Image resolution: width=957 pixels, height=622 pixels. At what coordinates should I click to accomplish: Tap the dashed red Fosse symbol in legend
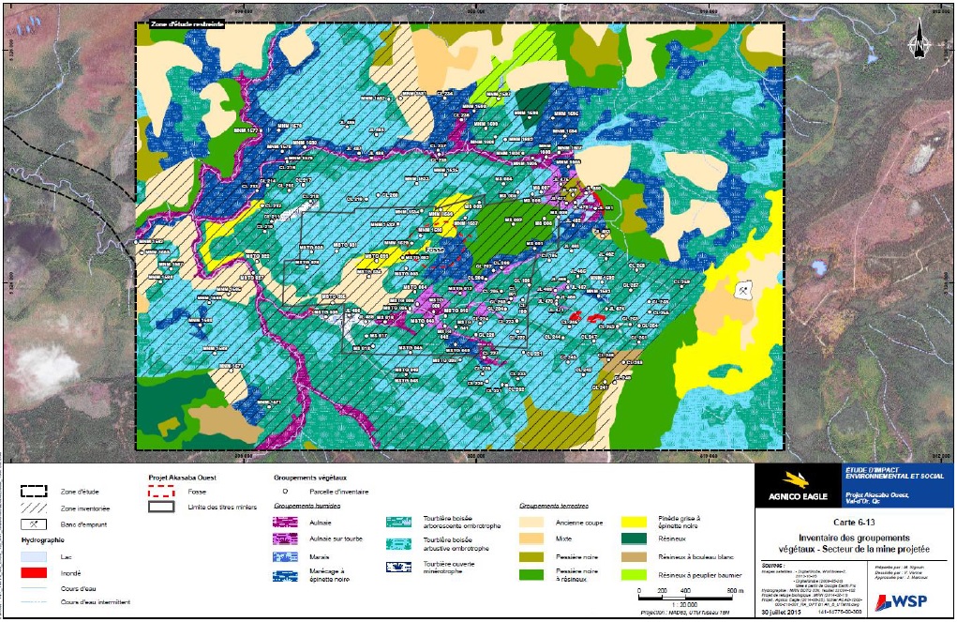coord(160,491)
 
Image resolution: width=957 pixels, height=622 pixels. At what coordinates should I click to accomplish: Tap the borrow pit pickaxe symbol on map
coord(744,289)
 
